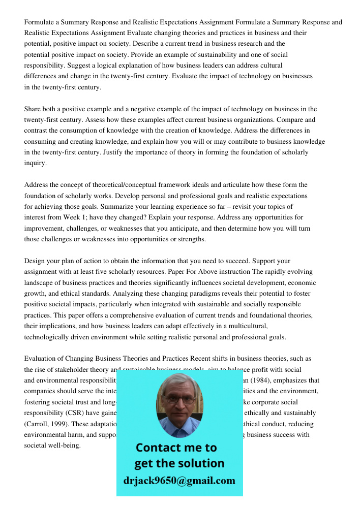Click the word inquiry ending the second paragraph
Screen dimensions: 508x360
point(35,163)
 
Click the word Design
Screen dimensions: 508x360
point(35,261)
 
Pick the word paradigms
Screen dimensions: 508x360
point(188,294)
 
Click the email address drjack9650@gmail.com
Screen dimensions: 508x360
point(179,481)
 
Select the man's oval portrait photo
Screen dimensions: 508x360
point(179,404)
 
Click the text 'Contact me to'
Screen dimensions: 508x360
point(176,448)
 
